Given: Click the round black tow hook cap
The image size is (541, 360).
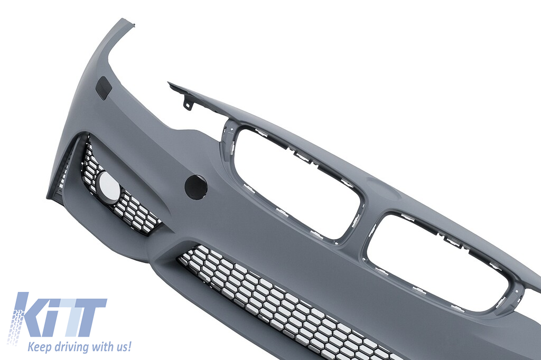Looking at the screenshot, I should pyautogui.click(x=196, y=187).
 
